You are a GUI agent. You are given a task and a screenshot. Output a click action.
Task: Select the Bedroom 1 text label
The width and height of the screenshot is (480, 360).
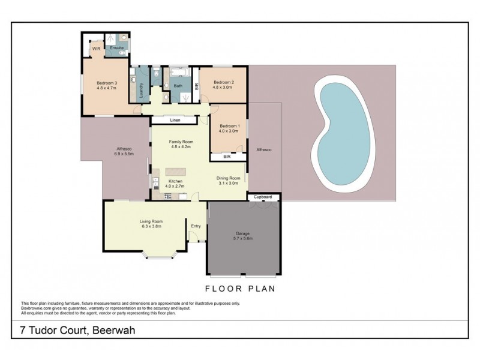click(229, 126)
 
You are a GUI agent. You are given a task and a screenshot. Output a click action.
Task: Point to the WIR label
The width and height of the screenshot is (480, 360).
click(96, 49)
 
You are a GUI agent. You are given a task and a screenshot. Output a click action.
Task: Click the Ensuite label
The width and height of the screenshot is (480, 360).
click(116, 47)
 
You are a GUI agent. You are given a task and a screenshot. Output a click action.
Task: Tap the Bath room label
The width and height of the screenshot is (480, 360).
click(178, 86)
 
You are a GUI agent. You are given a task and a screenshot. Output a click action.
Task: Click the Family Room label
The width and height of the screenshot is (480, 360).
click(180, 142)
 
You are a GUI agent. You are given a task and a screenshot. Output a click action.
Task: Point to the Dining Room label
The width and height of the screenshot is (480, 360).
click(228, 178)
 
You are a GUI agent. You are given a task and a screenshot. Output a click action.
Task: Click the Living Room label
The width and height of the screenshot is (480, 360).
click(151, 221)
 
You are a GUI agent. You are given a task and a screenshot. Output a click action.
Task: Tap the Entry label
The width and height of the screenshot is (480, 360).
click(196, 226)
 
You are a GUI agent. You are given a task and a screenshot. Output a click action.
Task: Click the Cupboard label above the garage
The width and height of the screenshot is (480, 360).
click(263, 197)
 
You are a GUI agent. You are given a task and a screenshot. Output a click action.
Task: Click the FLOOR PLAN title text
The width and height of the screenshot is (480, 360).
click(240, 289)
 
